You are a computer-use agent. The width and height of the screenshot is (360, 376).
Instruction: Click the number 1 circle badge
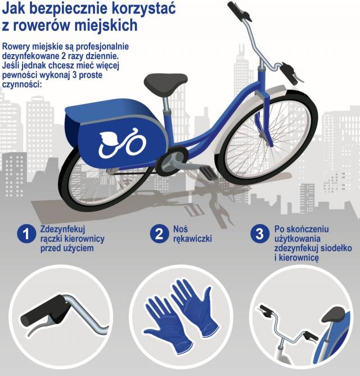point(26,234)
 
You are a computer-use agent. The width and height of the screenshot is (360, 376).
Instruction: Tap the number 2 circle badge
point(159,234)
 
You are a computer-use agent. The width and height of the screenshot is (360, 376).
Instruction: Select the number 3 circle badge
point(259,234)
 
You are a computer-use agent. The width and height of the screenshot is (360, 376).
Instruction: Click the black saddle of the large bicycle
point(165,83)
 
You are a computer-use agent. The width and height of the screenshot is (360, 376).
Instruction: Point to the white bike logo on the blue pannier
point(122,143)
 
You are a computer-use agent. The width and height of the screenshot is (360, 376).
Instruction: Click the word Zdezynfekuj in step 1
point(62,229)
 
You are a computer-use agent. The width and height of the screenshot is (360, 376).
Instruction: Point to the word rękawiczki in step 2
point(192,239)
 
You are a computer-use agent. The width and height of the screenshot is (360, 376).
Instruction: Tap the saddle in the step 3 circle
point(333,314)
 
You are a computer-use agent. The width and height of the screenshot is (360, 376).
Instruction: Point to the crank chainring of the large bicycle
point(172,159)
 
